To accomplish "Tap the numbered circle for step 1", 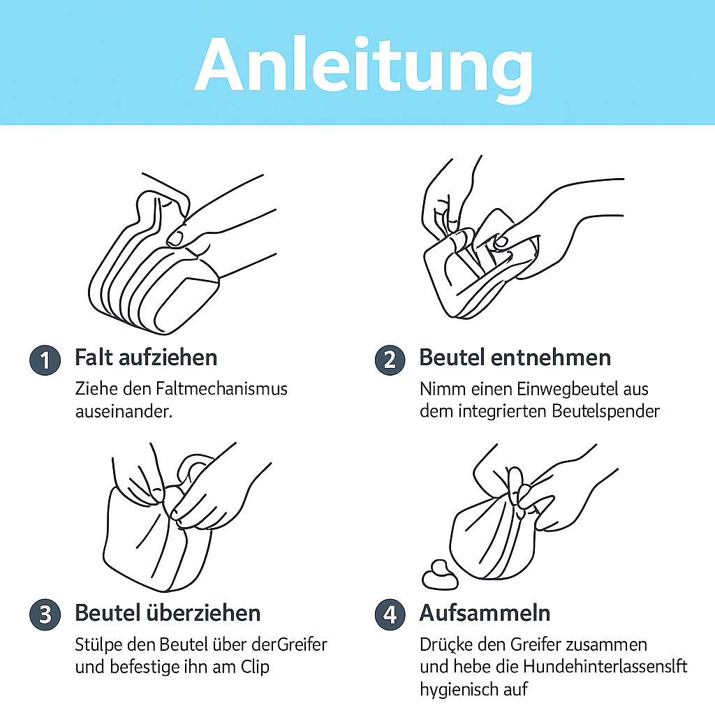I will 44,360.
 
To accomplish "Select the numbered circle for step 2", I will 389,360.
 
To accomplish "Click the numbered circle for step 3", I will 44,614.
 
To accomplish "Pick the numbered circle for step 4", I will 389,614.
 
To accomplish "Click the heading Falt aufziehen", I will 146,357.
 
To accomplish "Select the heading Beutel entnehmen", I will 515,357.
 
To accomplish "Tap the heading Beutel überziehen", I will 168,613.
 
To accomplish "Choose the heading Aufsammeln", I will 485,613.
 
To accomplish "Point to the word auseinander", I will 123,411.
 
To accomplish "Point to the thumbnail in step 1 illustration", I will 176,238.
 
